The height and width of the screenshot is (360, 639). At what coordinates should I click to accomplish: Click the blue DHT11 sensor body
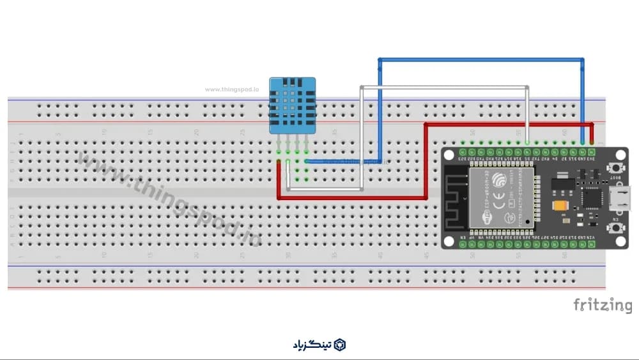tap(292, 105)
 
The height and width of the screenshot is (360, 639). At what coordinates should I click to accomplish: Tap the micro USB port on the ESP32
tap(621, 200)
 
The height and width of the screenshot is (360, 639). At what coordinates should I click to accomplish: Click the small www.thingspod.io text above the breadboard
tap(231, 90)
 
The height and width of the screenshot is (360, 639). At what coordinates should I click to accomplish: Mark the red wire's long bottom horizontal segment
tap(351, 198)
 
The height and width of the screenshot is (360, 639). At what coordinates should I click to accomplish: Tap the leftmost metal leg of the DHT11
tap(279, 141)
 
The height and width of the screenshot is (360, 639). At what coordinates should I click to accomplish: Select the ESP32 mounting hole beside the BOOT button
tap(619, 155)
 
